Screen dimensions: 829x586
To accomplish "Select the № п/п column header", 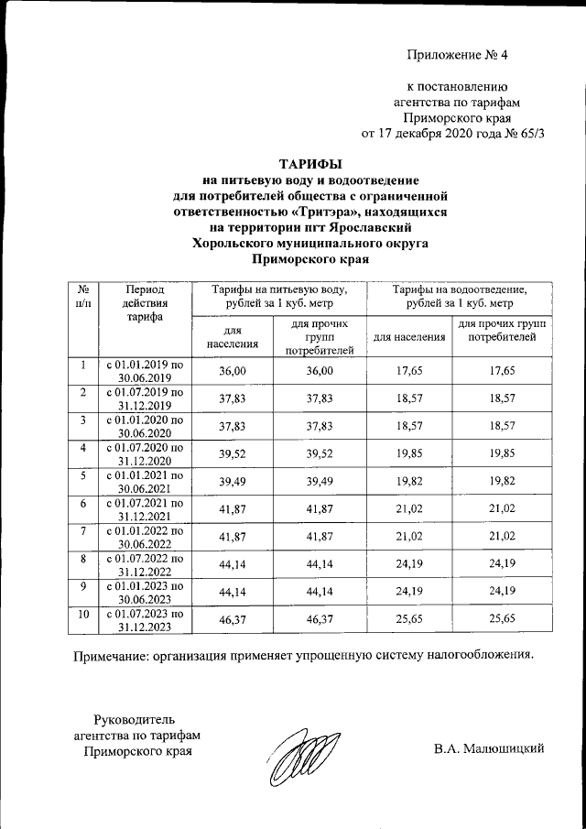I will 82,295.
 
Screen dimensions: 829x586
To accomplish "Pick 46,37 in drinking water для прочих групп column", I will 320,619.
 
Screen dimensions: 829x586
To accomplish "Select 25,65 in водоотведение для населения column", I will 408,619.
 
